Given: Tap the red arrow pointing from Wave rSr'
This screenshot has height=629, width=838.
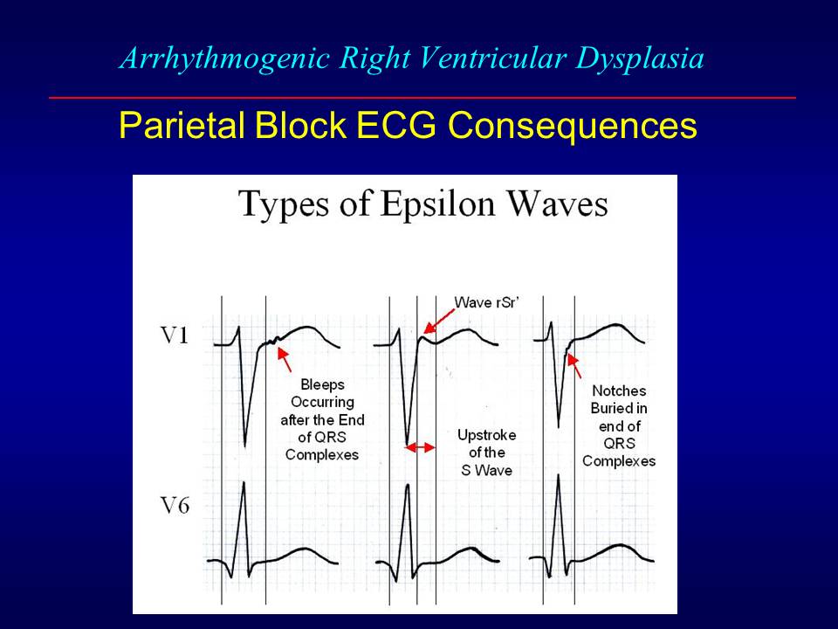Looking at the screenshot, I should pyautogui.click(x=438, y=320).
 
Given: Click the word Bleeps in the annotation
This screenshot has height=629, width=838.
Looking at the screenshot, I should pyautogui.click(x=322, y=384).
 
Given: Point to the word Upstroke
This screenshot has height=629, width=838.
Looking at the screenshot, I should pyautogui.click(x=487, y=435).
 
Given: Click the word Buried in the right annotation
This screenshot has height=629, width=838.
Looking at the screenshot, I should pyautogui.click(x=618, y=408).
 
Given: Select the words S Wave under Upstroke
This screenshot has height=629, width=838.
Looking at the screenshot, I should pyautogui.click(x=487, y=470).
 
